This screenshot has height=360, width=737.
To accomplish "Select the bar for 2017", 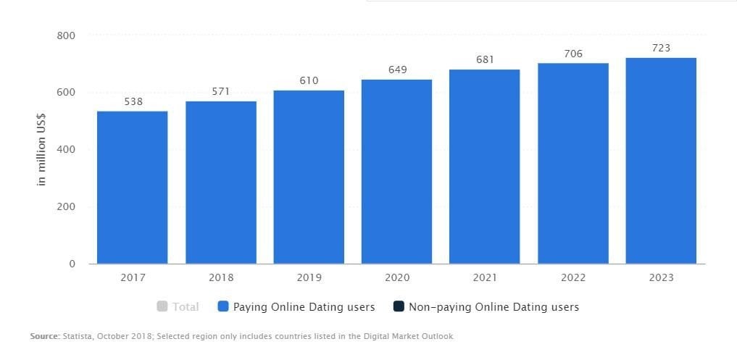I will pyautogui.click(x=133, y=188).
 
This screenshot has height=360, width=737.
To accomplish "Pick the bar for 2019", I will pyautogui.click(x=309, y=177).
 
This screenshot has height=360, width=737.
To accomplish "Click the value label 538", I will pyautogui.click(x=133, y=102).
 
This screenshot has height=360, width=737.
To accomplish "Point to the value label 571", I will pyautogui.click(x=220, y=92).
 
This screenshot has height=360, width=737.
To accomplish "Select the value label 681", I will pyautogui.click(x=485, y=59).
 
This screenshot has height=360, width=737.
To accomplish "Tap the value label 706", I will pyautogui.click(x=573, y=54).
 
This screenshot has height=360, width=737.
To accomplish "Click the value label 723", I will pyautogui.click(x=661, y=48).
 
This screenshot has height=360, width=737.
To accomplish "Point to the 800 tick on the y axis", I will pyautogui.click(x=66, y=35).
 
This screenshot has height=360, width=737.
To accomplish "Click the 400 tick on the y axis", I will pyautogui.click(x=66, y=149).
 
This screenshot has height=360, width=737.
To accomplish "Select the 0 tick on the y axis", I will pyautogui.click(x=71, y=264).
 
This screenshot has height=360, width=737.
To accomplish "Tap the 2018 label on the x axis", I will pyautogui.click(x=220, y=278).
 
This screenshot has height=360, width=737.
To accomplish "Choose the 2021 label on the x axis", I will pyautogui.click(x=485, y=278).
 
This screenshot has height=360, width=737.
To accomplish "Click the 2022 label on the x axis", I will pyautogui.click(x=573, y=278).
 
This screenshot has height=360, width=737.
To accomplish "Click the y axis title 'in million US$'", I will pyautogui.click(x=41, y=150).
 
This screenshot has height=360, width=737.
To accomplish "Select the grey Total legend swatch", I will pyautogui.click(x=162, y=307).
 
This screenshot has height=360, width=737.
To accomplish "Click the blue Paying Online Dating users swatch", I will pyautogui.click(x=223, y=307).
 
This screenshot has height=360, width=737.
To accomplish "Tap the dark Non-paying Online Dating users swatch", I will pyautogui.click(x=399, y=307).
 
